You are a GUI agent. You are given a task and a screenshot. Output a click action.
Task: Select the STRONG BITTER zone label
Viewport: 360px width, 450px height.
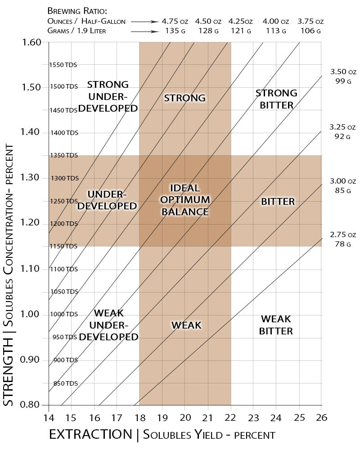coord(276,99)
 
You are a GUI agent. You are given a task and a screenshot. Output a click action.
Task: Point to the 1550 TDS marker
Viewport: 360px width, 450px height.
coord(63,65)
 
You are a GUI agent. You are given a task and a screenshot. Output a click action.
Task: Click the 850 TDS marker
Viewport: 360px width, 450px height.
coord(66,383)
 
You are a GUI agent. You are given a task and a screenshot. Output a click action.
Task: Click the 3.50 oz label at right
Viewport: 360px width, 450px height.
coord(343,72)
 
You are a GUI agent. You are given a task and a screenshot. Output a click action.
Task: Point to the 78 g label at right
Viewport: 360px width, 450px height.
coord(342,244)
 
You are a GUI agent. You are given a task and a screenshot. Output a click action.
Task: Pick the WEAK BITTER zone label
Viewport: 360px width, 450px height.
coord(277,325)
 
